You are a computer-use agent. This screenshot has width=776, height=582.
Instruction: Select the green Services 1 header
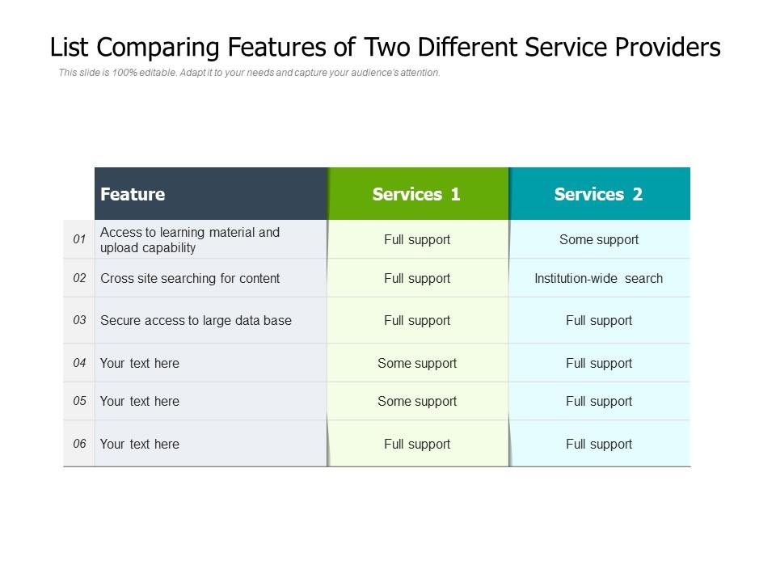[417, 194]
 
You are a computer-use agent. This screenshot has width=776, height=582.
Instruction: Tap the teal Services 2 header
[599, 194]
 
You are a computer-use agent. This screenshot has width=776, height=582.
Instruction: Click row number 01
[79, 239]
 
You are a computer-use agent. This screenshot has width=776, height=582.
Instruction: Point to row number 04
[79, 363]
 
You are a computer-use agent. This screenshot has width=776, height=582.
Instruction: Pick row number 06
[79, 444]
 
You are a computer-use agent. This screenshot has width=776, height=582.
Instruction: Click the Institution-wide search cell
[599, 278]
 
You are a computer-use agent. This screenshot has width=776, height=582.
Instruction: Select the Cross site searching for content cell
[190, 278]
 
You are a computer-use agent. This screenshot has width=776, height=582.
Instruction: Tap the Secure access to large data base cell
[196, 320]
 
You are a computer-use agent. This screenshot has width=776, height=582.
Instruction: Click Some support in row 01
[599, 239]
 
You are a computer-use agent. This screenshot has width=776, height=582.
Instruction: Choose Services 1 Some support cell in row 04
[417, 363]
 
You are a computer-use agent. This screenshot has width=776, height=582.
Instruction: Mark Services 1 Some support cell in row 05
[417, 401]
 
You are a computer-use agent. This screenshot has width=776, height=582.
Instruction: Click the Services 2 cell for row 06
[599, 444]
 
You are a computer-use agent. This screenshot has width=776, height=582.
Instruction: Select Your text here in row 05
[140, 401]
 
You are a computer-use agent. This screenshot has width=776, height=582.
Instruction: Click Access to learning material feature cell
[190, 239]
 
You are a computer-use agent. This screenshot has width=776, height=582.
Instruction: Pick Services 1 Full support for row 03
[417, 320]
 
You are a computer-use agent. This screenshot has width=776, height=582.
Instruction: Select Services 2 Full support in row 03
[599, 320]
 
